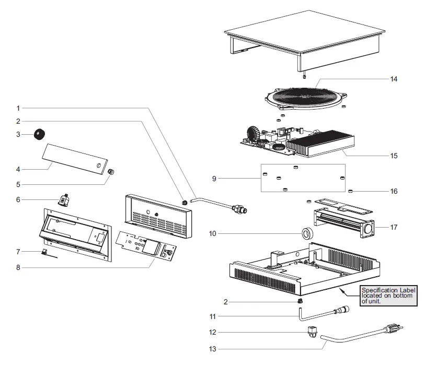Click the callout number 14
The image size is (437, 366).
pos(394,79)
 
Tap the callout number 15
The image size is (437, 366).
pos(394,156)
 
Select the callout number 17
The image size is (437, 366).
pos(394,228)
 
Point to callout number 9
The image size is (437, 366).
pos(214,179)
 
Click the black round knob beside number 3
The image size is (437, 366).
pos(39,134)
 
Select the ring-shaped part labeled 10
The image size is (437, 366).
pos(308,233)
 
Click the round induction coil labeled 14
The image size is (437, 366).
pos(306,98)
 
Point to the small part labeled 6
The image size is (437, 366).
pos(64,200)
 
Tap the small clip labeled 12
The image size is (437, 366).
pos(312,331)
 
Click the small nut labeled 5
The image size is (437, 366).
pos(111,172)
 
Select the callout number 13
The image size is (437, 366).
pos(212,349)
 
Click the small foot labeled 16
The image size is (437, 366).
pos(351,191)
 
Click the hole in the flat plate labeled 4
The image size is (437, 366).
pos(98,166)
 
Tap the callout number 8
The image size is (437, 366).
pos(18,268)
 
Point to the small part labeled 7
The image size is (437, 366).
pos(44,252)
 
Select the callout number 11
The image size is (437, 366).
pos(212,316)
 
